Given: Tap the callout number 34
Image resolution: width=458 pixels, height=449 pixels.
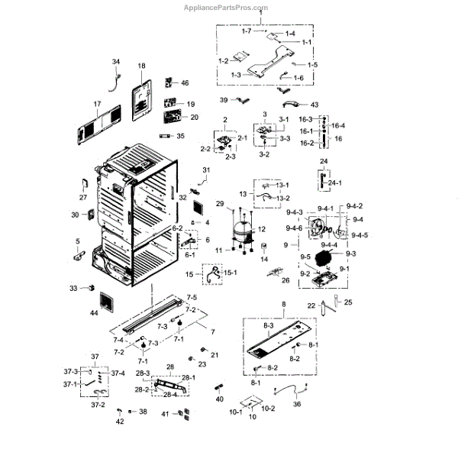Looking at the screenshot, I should [116, 61].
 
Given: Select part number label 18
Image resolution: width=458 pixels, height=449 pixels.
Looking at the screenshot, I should [141, 66].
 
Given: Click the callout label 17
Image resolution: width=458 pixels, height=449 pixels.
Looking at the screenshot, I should [97, 103].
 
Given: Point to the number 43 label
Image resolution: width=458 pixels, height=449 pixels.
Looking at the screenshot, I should [314, 105].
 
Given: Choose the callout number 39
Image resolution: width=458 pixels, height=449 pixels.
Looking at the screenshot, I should [224, 100].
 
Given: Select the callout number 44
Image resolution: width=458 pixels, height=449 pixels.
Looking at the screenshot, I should [94, 313].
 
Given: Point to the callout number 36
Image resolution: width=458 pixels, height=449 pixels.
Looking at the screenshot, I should [297, 405].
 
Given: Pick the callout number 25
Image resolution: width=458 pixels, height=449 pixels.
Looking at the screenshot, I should [349, 303].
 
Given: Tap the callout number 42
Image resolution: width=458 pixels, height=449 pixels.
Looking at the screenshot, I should [119, 422].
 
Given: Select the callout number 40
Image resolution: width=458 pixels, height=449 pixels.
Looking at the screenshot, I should [220, 399].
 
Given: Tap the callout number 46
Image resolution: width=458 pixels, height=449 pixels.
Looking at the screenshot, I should [184, 82].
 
